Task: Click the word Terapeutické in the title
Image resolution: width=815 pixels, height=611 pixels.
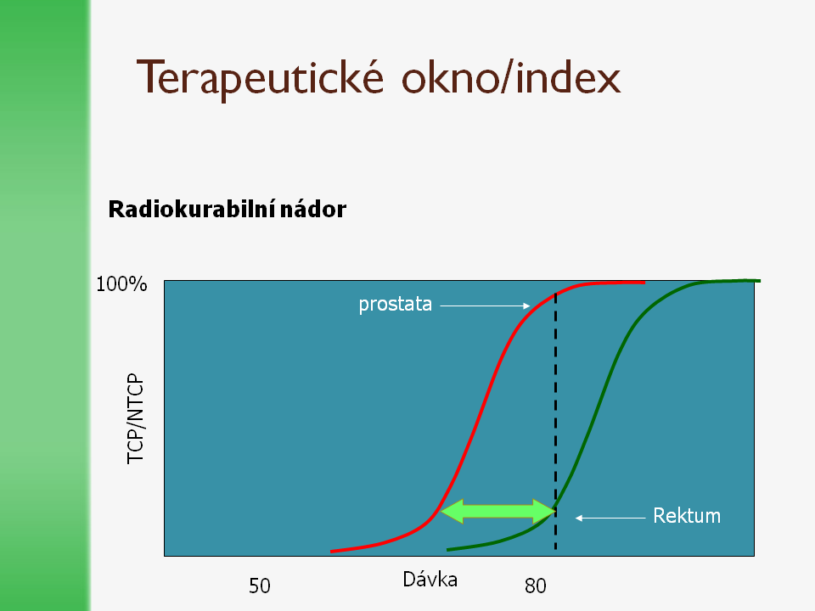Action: [260, 79]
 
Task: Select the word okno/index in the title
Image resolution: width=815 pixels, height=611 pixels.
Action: [511, 77]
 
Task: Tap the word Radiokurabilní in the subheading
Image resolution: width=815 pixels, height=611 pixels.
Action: [191, 210]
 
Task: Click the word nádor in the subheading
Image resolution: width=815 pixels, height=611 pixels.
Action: [313, 210]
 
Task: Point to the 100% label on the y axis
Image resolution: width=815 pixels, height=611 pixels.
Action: [121, 284]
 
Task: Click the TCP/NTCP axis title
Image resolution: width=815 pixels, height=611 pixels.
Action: [136, 418]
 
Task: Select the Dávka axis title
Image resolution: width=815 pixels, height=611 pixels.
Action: [430, 580]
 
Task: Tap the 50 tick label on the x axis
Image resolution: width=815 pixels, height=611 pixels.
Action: [260, 586]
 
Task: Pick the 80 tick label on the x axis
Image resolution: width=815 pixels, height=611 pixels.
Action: [536, 586]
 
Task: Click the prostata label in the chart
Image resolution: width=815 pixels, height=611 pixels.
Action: [395, 304]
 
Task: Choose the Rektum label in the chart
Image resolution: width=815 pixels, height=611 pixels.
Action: [687, 516]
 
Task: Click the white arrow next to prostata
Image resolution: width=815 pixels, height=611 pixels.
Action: [485, 306]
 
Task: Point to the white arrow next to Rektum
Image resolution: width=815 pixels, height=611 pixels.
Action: [610, 518]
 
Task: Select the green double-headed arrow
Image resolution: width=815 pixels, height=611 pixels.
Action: [498, 511]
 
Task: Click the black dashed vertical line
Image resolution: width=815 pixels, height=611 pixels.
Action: [555, 422]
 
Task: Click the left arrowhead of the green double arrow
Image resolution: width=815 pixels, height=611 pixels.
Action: [451, 511]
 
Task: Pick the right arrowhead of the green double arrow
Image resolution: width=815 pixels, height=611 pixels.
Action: [545, 511]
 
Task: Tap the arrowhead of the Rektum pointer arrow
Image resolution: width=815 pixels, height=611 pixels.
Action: [578, 518]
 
